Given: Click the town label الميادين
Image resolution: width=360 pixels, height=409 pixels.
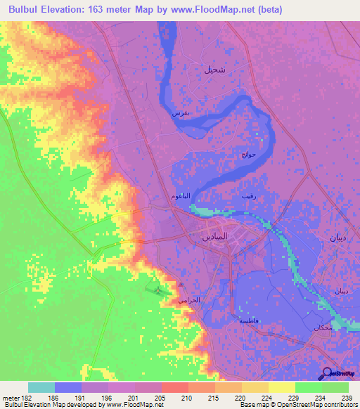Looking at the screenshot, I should [x=212, y=238].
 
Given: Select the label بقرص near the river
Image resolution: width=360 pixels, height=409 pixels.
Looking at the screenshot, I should [x=181, y=112].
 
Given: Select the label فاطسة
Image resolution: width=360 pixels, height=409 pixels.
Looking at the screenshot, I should [x=249, y=320].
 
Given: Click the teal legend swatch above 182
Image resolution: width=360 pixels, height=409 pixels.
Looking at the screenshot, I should [x=41, y=387].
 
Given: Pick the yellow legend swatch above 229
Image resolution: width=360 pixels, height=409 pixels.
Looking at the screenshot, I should [x=281, y=387].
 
